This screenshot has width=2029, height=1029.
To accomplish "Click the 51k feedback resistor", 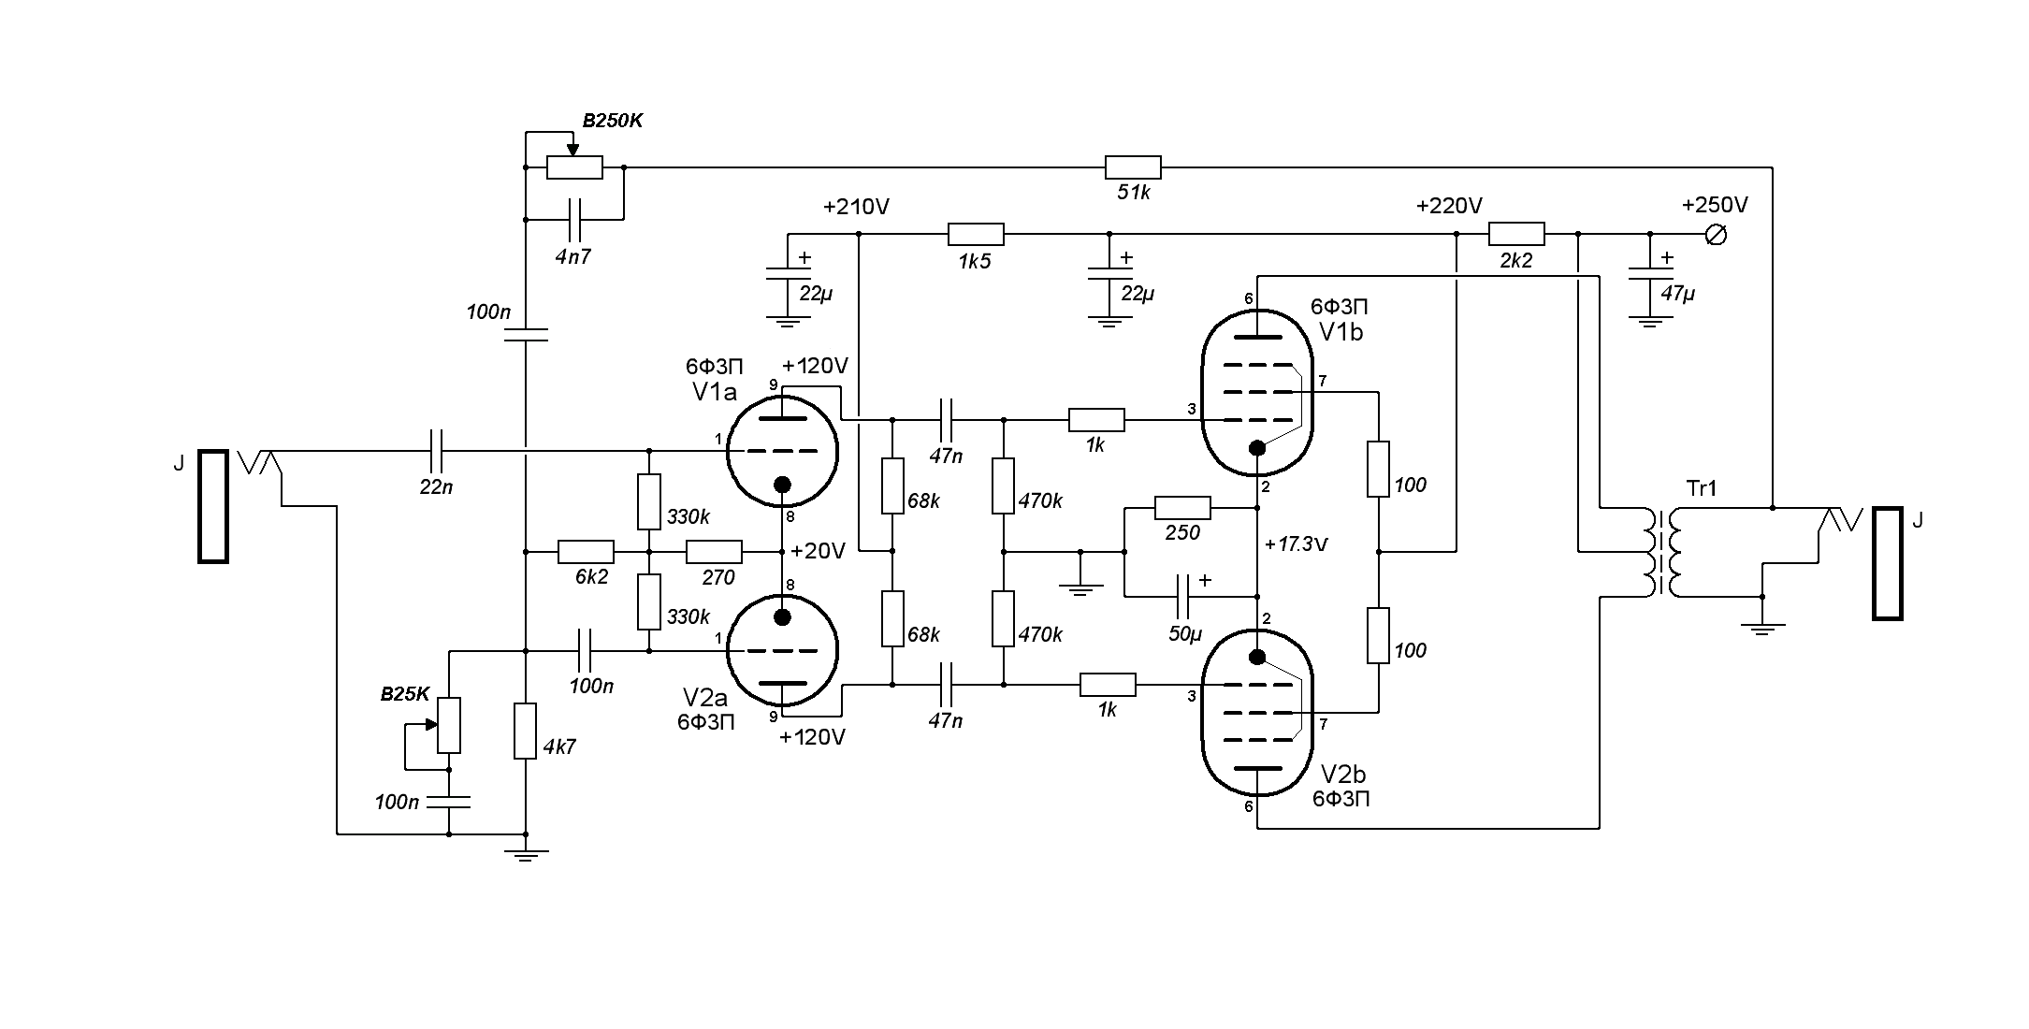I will point(1133,167).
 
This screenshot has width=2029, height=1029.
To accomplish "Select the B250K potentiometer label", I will point(612,122).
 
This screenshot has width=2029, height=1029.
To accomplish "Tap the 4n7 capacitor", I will point(573,219).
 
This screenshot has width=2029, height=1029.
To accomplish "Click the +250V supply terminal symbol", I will point(1716,235).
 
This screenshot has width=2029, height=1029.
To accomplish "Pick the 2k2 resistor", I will point(1515,234).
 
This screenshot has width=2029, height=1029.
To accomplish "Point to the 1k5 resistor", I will point(976,234).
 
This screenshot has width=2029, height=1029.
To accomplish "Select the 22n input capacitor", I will point(436,451).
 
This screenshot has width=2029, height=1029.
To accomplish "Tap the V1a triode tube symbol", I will point(782,452).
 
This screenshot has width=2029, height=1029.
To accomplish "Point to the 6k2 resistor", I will point(586,552).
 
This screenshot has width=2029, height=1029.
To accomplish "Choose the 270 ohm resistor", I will point(714,552).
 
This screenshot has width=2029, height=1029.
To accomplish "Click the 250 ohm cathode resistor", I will point(1182,509).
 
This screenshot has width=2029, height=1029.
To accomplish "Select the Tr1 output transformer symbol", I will point(1661,552).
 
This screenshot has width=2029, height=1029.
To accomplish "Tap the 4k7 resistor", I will point(525,731).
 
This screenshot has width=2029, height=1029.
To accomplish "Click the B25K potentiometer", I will point(449,725).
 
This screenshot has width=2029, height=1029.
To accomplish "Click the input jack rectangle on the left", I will point(213,506).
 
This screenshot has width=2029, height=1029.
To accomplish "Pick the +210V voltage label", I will point(855,207).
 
